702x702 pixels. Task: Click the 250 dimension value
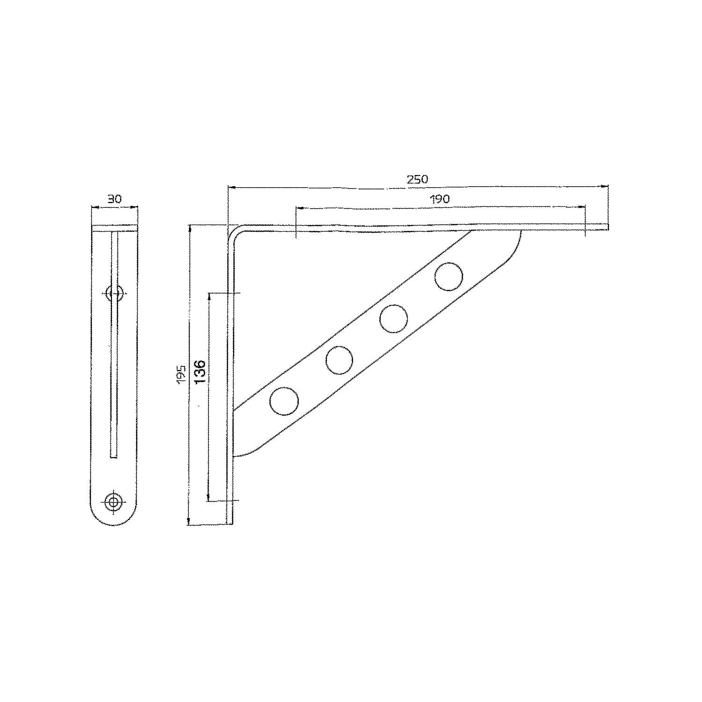(417, 179)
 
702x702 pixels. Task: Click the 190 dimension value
(439, 199)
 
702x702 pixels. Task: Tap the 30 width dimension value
(114, 199)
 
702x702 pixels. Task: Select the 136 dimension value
(200, 372)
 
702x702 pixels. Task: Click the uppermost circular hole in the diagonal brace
(448, 277)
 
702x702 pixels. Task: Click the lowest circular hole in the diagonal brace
(284, 401)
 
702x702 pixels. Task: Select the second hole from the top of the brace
(394, 319)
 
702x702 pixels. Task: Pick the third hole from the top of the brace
(339, 360)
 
